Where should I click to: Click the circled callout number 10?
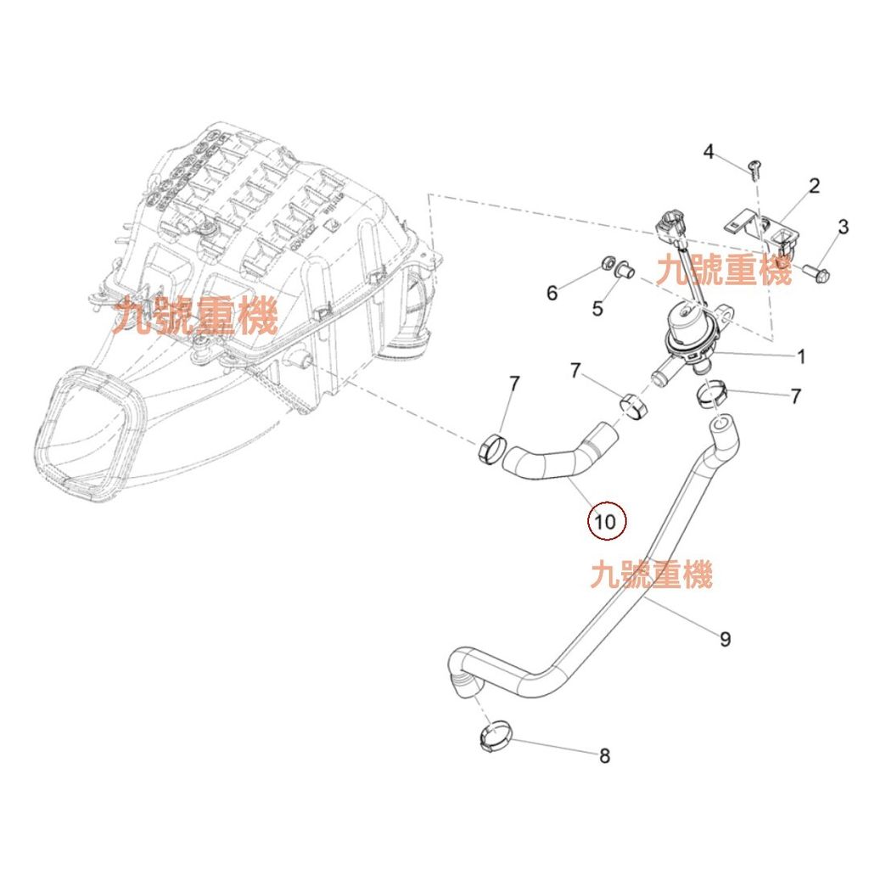click(x=607, y=521)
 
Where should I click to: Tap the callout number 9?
click(x=725, y=639)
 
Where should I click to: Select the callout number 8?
click(x=604, y=756)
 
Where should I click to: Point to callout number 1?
click(x=800, y=356)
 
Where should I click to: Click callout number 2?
click(x=813, y=186)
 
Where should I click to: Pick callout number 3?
click(x=843, y=227)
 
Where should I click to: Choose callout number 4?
click(x=709, y=153)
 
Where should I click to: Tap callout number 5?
click(x=597, y=308)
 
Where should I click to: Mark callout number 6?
click(x=552, y=293)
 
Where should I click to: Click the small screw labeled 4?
click(x=752, y=169)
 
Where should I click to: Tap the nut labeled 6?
click(x=609, y=264)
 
